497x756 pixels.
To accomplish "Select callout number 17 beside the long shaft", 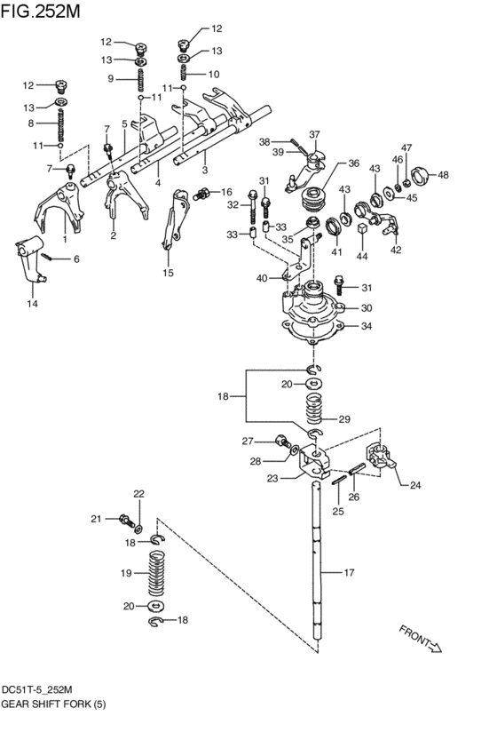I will tap(350, 573).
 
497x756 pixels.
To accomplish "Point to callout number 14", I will tap(32, 304).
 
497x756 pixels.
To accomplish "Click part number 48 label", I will tap(443, 175).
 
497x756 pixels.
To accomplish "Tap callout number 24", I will tap(415, 485).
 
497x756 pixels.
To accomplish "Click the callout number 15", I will tap(168, 273).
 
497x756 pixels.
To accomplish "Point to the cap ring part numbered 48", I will tap(420, 173).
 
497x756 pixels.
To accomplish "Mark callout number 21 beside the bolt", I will tap(96, 518).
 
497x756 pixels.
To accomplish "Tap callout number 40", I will tap(262, 279).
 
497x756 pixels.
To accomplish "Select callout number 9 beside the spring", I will tap(112, 78).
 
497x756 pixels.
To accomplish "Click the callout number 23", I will tap(272, 479).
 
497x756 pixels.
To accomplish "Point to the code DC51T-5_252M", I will tap(36, 689).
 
